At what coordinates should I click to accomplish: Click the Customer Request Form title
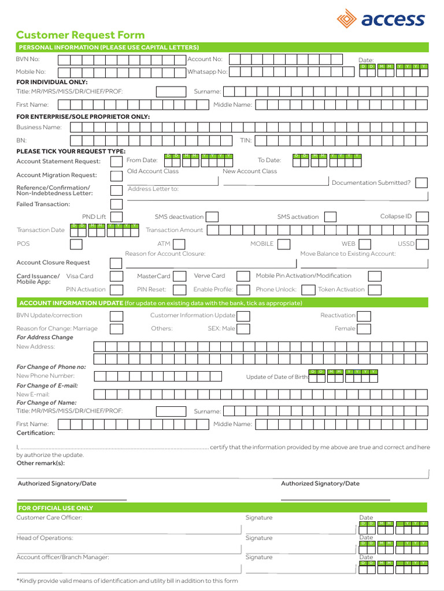point(80,35)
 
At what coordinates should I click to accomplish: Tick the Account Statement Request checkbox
point(116,162)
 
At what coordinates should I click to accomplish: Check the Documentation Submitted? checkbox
point(421,183)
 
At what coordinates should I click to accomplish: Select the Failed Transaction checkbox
point(116,204)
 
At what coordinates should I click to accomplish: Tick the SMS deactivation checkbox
point(212,217)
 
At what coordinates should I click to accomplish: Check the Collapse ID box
point(422,217)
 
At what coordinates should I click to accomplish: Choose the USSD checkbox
point(422,244)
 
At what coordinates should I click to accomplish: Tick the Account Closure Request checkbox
point(116,263)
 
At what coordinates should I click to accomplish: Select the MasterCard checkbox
point(180,276)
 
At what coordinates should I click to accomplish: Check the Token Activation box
point(375,290)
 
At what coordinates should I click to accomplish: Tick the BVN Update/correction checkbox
point(116,316)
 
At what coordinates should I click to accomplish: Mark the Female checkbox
point(364,329)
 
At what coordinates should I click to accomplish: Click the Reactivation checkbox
point(364,316)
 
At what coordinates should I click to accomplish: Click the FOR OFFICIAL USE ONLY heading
point(55,508)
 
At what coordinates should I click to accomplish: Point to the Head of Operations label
point(45,538)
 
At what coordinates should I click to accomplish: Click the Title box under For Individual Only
point(171,92)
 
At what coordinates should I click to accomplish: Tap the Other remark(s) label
point(40,463)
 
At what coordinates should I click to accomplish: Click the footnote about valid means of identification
point(127,581)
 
